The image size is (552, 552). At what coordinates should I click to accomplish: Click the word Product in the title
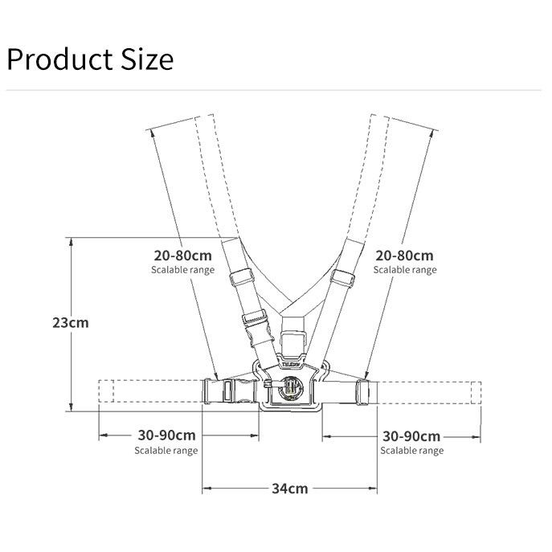[59, 59]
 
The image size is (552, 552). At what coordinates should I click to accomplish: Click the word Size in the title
[147, 59]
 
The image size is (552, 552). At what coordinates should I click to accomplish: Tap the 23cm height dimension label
[71, 323]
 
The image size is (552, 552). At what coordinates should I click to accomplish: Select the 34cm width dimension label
[290, 489]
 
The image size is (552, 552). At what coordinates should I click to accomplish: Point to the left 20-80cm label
[182, 256]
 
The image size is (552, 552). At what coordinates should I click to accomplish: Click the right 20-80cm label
[404, 256]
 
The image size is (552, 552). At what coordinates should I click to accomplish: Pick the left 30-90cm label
[166, 435]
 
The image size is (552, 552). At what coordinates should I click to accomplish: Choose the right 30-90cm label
[411, 436]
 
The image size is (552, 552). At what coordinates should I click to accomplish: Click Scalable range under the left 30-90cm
[166, 451]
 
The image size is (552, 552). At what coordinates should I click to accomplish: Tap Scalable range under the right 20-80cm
[405, 270]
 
